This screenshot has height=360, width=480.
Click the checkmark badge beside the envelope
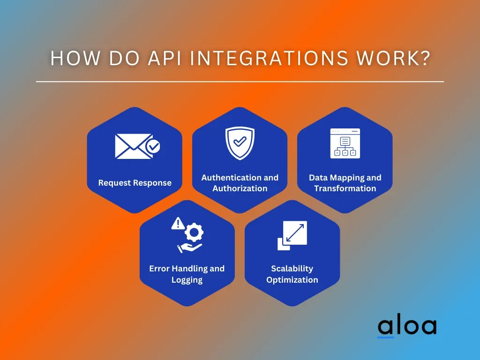(x=153, y=147)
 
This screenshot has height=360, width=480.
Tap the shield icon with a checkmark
(x=240, y=142)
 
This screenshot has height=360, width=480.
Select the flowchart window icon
(x=345, y=143)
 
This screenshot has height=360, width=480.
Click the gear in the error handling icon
(x=193, y=232)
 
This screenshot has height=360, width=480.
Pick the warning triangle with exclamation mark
(x=178, y=224)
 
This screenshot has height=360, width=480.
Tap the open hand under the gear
(x=188, y=247)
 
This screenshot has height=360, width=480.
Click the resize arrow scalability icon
(x=292, y=235)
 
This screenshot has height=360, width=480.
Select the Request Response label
(x=135, y=183)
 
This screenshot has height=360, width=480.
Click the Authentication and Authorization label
(x=240, y=183)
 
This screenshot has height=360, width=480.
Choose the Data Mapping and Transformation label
(x=345, y=183)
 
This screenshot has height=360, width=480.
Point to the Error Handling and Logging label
(x=187, y=274)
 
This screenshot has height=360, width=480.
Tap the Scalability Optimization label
(x=292, y=274)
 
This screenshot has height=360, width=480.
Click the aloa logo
(x=407, y=326)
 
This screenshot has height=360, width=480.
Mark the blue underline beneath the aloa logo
(x=386, y=337)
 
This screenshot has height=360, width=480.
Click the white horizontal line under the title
(x=240, y=82)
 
